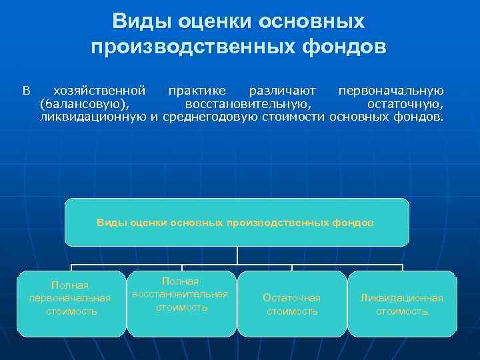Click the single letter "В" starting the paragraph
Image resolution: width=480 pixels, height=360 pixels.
tap(27, 90)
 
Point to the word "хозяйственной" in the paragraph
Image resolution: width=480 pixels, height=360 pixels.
tap(99, 90)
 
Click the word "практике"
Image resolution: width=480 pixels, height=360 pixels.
tap(197, 90)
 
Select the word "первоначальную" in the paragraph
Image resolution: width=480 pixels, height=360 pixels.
tap(391, 90)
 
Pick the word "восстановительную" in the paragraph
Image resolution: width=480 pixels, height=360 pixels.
tap(247, 104)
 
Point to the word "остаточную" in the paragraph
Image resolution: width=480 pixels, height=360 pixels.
tap(405, 104)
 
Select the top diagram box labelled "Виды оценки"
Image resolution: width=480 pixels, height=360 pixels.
tap(236, 222)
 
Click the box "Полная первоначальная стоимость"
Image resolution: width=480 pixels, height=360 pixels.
tap(71, 303)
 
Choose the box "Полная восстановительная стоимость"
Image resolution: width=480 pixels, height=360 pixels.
tap(181, 303)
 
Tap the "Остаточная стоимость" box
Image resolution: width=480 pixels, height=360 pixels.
tap(292, 303)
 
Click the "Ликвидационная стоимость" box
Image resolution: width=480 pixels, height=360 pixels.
tap(402, 303)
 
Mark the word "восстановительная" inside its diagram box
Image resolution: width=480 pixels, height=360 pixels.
tap(180, 294)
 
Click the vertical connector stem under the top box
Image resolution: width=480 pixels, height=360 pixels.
tap(237, 255)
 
